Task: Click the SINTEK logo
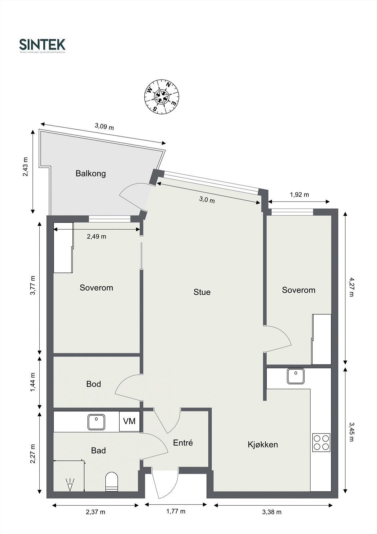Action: coord(42,45)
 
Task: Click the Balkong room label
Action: coord(91,174)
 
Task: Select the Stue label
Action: coord(202,292)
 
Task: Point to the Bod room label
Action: coord(94,384)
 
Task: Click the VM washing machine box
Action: coord(129,421)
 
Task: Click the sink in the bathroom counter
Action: coord(96,422)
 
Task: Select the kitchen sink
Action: coord(296,376)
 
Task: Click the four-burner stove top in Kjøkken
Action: coord(321,442)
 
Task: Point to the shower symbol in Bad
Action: coord(70,484)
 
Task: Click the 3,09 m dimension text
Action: coord(104,126)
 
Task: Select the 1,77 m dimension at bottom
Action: coord(175,511)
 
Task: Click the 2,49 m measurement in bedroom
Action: coord(96,236)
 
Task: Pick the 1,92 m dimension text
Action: coord(299,194)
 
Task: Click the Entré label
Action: coord(183,443)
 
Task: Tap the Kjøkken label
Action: coord(263,445)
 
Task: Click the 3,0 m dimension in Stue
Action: coord(207,200)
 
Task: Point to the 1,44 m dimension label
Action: coord(33,382)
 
